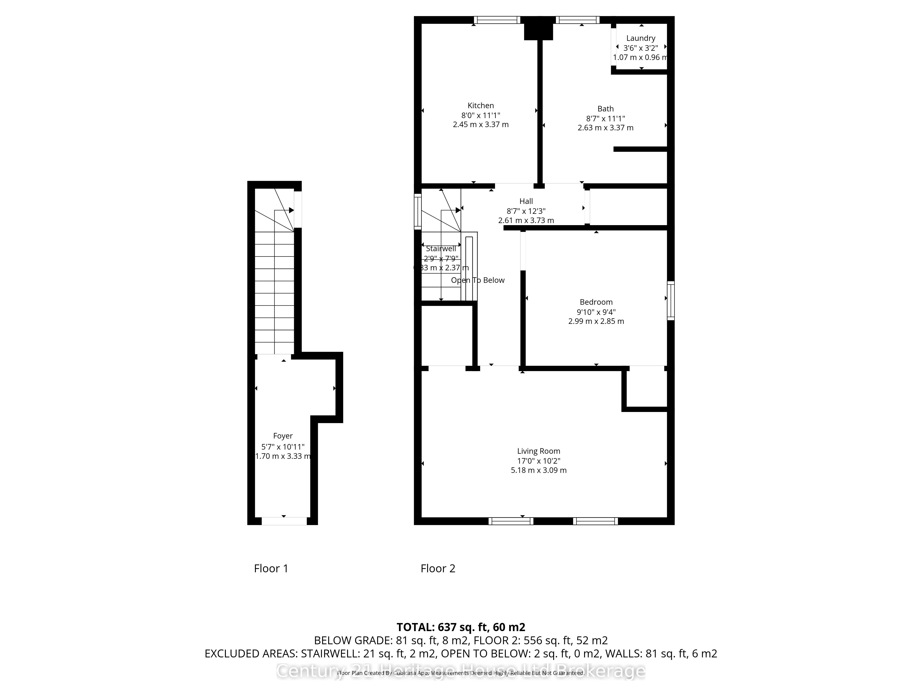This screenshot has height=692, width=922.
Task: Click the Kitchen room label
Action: pyautogui.click(x=481, y=106)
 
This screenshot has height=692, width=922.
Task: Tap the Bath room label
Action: pyautogui.click(x=605, y=109)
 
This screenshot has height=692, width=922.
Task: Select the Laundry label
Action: pyautogui.click(x=641, y=38)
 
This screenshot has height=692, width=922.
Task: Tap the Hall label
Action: pyautogui.click(x=526, y=201)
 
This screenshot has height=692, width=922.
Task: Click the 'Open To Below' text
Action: pyautogui.click(x=478, y=280)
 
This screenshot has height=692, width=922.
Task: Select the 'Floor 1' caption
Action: pyautogui.click(x=271, y=569)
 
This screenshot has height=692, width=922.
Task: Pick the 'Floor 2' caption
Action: pyautogui.click(x=438, y=569)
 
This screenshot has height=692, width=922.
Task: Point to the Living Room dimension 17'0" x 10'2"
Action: pyautogui.click(x=538, y=461)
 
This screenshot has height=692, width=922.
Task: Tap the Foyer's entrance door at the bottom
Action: pyautogui.click(x=284, y=521)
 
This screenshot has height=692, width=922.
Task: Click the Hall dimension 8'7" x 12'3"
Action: pyautogui.click(x=526, y=211)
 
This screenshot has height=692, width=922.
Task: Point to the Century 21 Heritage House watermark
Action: pyautogui.click(x=461, y=671)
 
